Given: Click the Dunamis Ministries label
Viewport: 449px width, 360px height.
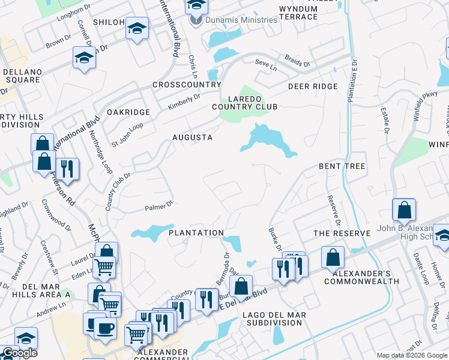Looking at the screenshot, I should click(241, 20).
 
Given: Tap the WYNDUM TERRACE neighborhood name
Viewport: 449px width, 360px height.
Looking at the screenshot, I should click(298, 13).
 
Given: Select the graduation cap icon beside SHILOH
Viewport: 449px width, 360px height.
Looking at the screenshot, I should click(137, 28).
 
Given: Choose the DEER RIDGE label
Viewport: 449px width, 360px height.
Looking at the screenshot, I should click(313, 87).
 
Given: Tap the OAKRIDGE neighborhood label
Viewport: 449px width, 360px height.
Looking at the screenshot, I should click(128, 112).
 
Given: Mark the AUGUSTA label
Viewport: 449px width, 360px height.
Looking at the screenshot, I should click(192, 137).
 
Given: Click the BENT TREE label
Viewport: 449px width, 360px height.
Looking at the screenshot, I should click(342, 166).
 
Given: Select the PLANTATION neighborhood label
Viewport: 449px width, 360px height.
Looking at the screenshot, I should click(196, 233).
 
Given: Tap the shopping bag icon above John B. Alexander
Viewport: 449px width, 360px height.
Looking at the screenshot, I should click(405, 210).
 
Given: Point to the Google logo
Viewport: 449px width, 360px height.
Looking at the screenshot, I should click(19, 353).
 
